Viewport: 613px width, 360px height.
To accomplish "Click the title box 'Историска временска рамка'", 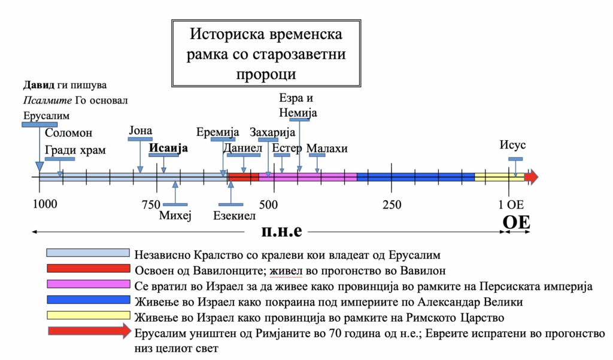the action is [266, 53].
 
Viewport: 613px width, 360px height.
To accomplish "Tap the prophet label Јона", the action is [140, 131].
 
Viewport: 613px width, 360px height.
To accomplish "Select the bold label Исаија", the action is [168, 148].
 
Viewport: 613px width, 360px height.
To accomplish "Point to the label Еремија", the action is [217, 132].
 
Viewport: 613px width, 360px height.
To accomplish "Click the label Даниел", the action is [242, 148].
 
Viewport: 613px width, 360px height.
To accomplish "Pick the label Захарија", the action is [272, 132].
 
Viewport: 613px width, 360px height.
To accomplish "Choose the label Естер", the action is [287, 148].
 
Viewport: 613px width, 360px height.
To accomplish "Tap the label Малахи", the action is [327, 149].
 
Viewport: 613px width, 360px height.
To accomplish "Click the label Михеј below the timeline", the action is [175, 215].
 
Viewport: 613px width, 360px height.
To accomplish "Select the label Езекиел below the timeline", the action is [234, 216].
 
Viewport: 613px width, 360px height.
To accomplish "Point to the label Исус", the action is [512, 145].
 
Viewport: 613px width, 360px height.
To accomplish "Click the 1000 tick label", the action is [45, 204].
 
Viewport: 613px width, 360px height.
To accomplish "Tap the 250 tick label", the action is [392, 204].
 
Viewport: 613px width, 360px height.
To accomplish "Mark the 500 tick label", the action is [268, 204].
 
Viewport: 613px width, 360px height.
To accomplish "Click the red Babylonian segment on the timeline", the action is [244, 177].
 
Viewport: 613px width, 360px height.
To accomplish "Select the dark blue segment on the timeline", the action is [415, 177].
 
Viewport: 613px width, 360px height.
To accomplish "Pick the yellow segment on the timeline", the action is [499, 177].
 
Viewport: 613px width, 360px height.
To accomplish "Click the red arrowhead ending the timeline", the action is [532, 177].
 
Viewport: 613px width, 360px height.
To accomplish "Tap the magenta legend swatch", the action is [89, 284].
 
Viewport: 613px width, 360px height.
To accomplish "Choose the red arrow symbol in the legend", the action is [90, 331].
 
